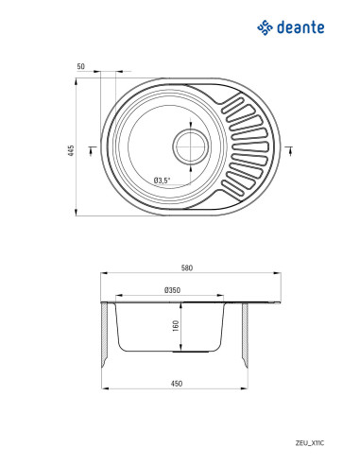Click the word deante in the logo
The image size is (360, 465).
[x=300, y=27]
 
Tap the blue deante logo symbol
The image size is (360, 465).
[x=265, y=27]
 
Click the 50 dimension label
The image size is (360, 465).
[x=81, y=66]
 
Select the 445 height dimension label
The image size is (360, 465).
[x=72, y=151]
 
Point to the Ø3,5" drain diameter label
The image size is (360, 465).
[x=162, y=181]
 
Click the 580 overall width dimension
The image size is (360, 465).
[x=187, y=268]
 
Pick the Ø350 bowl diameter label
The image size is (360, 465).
[x=172, y=290]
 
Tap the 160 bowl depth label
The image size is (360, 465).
[x=176, y=325]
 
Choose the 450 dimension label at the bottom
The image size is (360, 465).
[x=177, y=384]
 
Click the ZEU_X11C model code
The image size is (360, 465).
[x=310, y=443]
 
